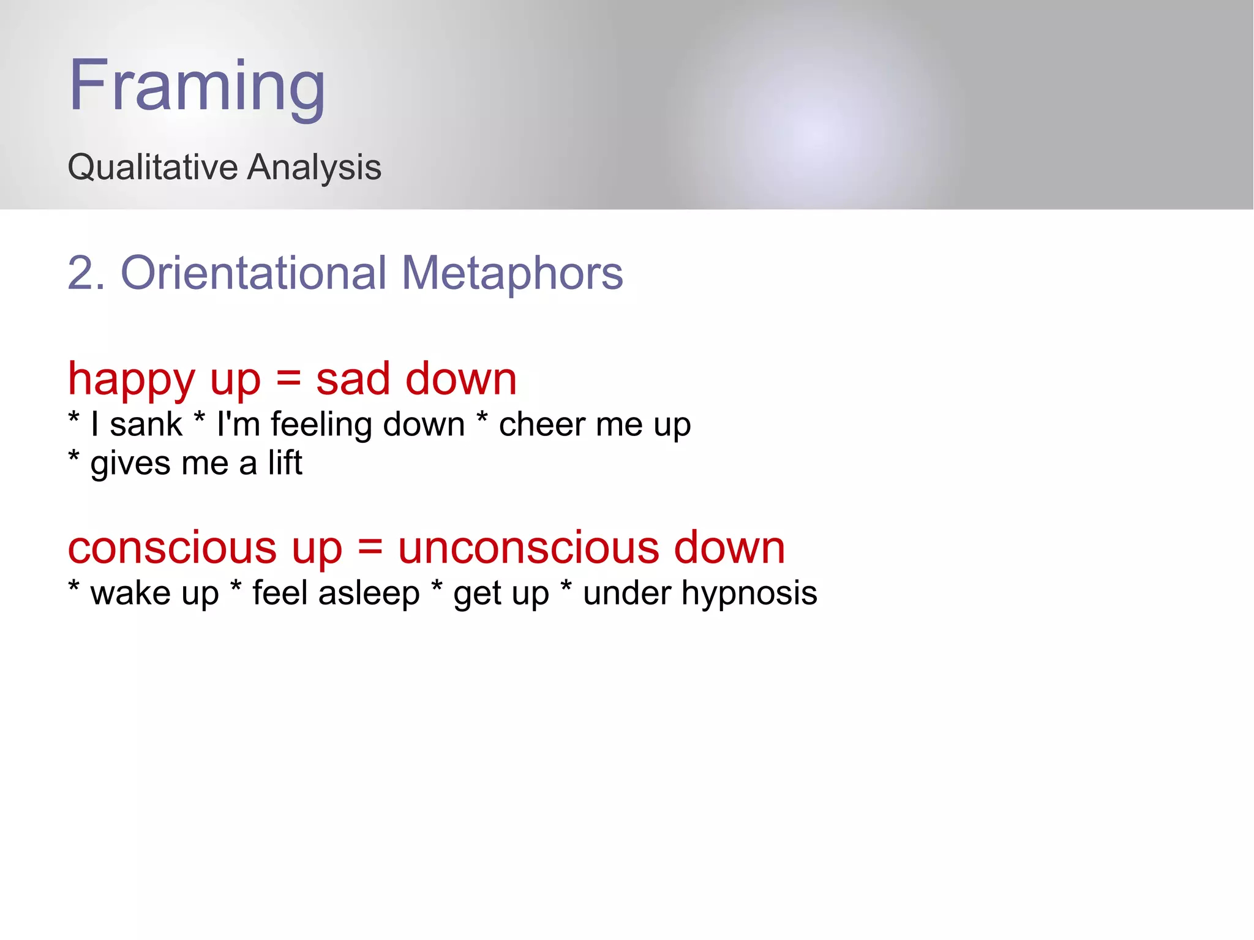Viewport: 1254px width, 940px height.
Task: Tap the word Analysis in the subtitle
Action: coord(314,167)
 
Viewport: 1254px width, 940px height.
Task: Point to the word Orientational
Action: coord(253,273)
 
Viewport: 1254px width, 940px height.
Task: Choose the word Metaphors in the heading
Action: coord(512,273)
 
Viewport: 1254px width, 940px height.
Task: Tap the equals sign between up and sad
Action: coord(288,380)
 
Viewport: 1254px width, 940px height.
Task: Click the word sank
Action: coord(146,424)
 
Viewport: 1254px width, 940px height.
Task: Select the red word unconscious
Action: coord(528,547)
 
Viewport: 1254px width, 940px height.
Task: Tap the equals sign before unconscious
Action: coord(370,547)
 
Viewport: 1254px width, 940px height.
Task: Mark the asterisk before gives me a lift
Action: coord(74,456)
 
